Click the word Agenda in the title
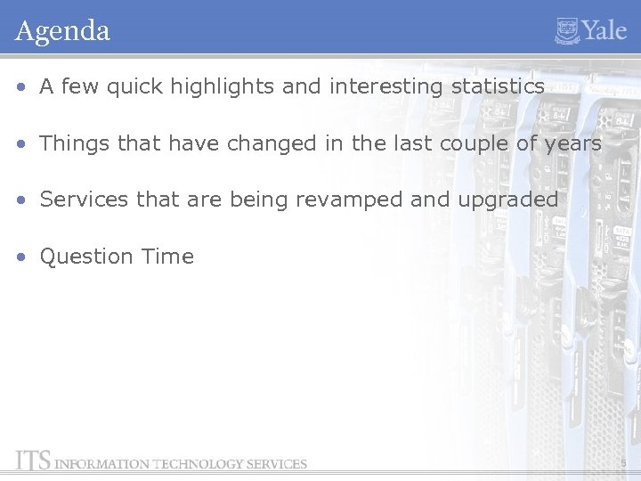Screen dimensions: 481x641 pos(62,31)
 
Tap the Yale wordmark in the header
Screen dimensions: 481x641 pos(604,30)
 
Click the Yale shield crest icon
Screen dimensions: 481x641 pos(567,30)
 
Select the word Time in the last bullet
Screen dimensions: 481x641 pos(166,256)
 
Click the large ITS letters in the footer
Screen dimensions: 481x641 pos(33,461)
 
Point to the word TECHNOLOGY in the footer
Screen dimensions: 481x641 pos(197,463)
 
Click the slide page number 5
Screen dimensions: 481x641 pos(624,463)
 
